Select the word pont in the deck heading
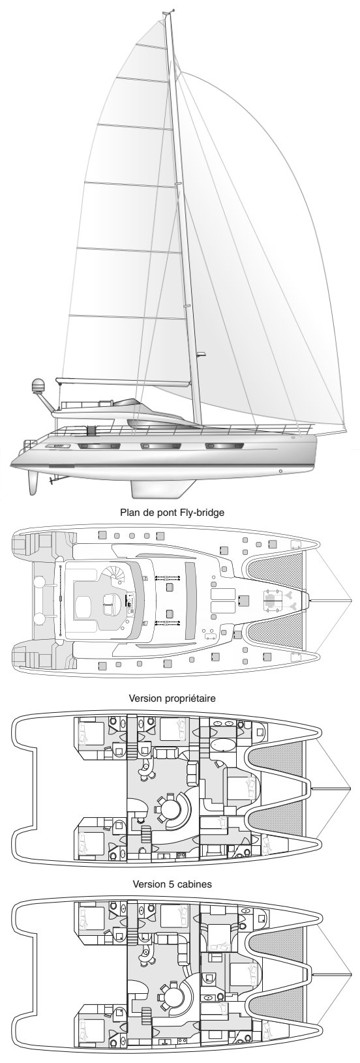point(161,513)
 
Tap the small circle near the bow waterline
point(281,472)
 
